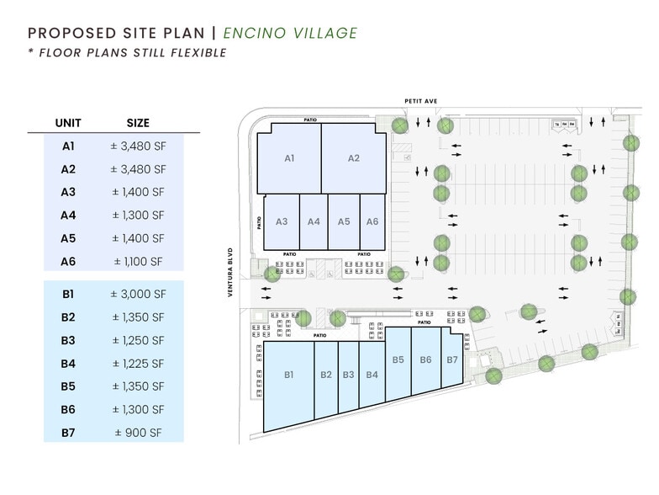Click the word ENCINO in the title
pyautogui.click(x=264, y=34)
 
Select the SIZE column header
pyautogui.click(x=138, y=122)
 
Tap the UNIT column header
pyautogui.click(x=68, y=122)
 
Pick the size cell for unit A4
pyautogui.click(x=138, y=216)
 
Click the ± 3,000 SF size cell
pyautogui.click(x=138, y=294)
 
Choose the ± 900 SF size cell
pyautogui.click(x=138, y=434)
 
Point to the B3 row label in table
pyautogui.click(x=68, y=341)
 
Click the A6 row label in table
pyautogui.click(x=68, y=262)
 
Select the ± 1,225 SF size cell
pyautogui.click(x=138, y=364)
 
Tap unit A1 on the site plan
pyautogui.click(x=288, y=158)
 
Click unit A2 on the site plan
pyautogui.click(x=354, y=158)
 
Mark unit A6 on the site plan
pyautogui.click(x=372, y=221)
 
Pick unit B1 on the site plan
pyautogui.click(x=288, y=375)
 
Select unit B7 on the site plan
pyautogui.click(x=452, y=359)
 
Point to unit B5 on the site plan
pyautogui.click(x=398, y=359)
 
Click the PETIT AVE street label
pyautogui.click(x=420, y=101)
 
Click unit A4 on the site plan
pyautogui.click(x=314, y=221)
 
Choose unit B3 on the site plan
pyautogui.click(x=348, y=375)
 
